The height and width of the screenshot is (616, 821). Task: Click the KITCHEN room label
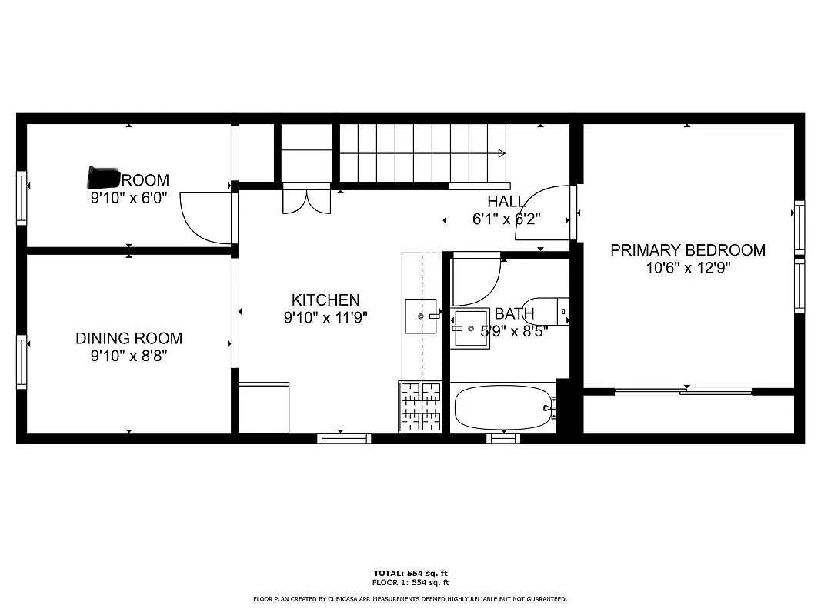(x=325, y=300)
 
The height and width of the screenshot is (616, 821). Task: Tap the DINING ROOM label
(x=128, y=338)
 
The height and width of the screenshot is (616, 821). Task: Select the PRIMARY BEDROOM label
(x=687, y=250)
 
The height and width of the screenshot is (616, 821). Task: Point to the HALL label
(x=506, y=202)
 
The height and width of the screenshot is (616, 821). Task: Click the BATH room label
(x=514, y=314)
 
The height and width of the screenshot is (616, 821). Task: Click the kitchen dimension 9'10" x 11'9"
(x=325, y=318)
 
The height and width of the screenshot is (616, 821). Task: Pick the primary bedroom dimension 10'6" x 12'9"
(x=687, y=269)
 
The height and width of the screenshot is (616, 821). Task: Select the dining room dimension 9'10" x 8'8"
(x=128, y=356)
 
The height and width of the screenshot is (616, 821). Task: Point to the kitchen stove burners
(x=420, y=406)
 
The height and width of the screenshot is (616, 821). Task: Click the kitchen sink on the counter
(x=421, y=316)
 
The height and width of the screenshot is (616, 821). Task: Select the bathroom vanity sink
(x=471, y=329)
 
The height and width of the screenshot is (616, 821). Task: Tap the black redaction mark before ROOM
(x=102, y=178)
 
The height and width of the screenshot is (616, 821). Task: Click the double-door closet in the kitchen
(x=305, y=199)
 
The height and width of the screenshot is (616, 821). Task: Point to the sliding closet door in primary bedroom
(x=683, y=392)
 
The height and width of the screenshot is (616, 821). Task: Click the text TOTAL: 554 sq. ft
(x=410, y=573)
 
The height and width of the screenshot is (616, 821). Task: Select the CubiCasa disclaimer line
(x=410, y=598)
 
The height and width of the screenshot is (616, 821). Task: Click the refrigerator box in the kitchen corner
(x=264, y=407)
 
